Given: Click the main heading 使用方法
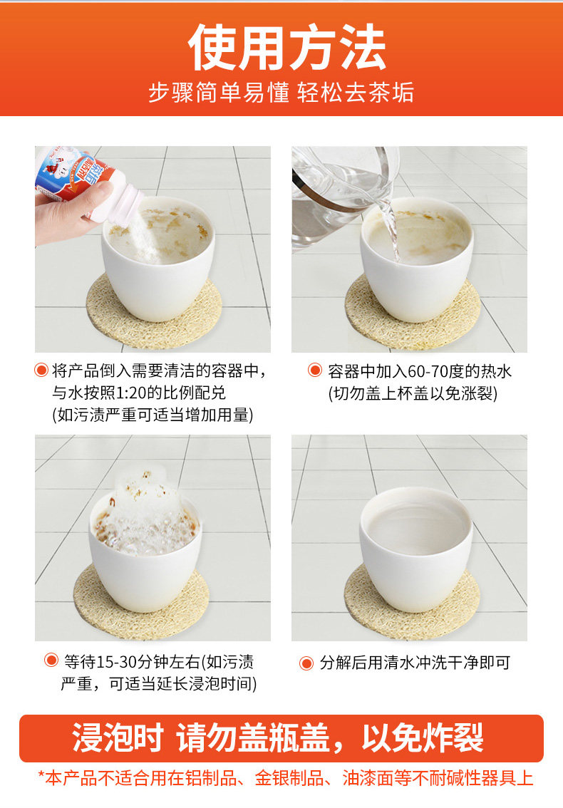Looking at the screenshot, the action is click(286, 48).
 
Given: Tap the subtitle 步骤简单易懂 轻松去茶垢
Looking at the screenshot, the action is click(281, 93).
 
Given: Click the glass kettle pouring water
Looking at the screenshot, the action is click(340, 196).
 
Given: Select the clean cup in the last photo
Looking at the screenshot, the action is click(415, 549).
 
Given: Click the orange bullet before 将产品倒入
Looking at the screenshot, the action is click(41, 370).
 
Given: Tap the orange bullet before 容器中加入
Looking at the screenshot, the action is click(314, 370).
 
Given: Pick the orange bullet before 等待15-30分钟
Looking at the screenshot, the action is click(51, 660).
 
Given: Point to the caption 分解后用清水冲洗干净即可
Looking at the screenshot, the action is click(415, 663).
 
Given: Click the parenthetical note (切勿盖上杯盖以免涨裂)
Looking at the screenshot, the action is click(413, 394).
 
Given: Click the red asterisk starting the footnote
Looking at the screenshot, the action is click(42, 775).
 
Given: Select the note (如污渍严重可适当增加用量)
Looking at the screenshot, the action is click(153, 415).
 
